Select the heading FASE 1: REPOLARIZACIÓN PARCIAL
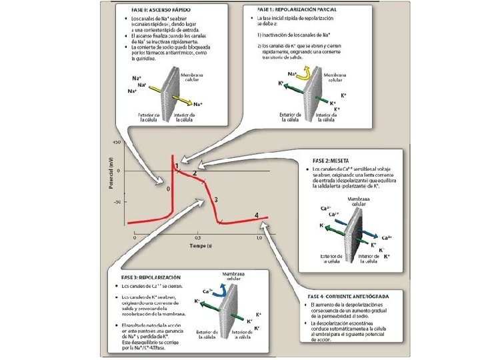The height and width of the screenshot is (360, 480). click(x=297, y=10)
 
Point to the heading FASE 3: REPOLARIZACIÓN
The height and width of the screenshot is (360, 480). click(x=151, y=276)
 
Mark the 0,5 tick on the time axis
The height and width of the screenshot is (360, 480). click(x=198, y=237)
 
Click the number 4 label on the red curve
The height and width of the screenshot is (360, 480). click(x=257, y=215)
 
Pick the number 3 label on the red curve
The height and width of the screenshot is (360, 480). click(x=216, y=200)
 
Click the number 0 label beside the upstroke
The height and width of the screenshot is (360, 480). click(x=169, y=189)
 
